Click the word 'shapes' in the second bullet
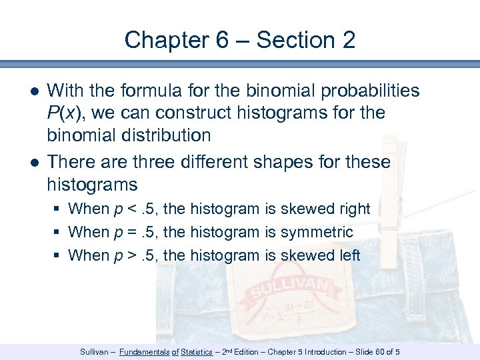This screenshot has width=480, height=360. click(278, 162)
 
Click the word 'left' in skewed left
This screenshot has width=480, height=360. click(348, 255)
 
